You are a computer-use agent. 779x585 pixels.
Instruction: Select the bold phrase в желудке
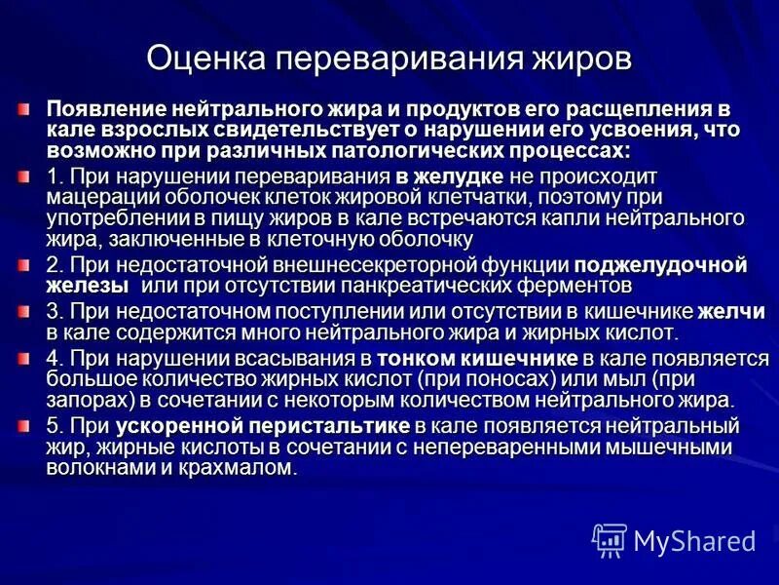(x=449, y=176)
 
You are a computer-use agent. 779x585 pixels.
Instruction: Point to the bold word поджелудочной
(x=659, y=264)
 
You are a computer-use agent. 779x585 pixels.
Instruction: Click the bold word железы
(x=87, y=286)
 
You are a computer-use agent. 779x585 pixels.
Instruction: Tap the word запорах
(x=86, y=400)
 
